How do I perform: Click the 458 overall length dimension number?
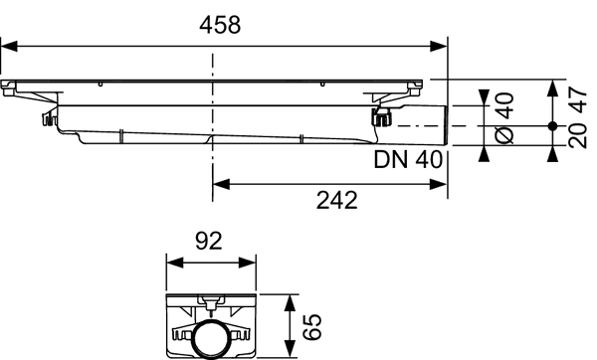point(220,26)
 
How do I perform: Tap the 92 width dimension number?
point(209,242)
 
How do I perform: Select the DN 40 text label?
point(409,160)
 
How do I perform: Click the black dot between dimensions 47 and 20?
point(552,126)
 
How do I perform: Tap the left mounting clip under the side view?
point(46,120)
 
